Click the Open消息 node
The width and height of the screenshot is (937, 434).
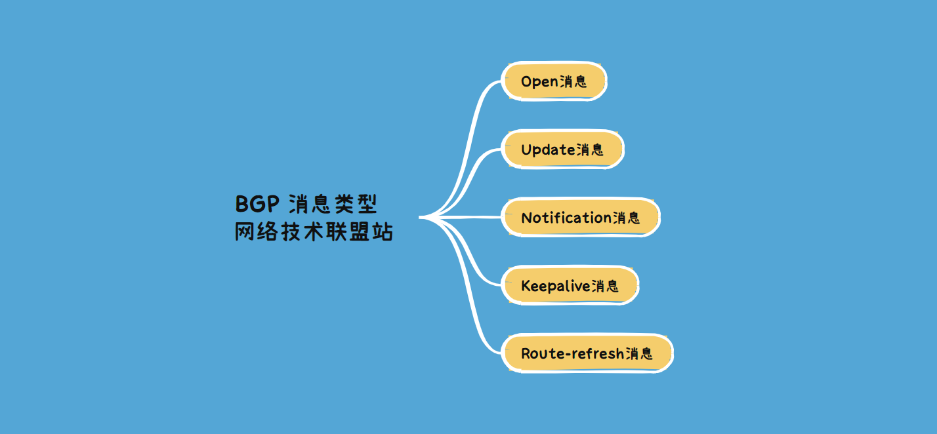(554, 81)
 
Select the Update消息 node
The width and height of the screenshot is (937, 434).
(562, 149)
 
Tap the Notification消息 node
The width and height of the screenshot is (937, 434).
(580, 218)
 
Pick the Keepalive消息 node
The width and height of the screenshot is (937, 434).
(570, 286)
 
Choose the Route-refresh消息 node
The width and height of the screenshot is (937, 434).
(587, 354)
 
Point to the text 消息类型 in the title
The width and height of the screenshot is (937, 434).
(333, 205)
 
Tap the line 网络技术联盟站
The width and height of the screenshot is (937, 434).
(314, 233)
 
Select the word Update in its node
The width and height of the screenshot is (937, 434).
(548, 150)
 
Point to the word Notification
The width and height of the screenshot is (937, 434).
(566, 218)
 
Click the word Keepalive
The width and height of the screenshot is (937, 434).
(555, 286)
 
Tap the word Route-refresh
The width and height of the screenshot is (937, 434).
(572, 354)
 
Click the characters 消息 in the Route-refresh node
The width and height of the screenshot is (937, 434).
(640, 354)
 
